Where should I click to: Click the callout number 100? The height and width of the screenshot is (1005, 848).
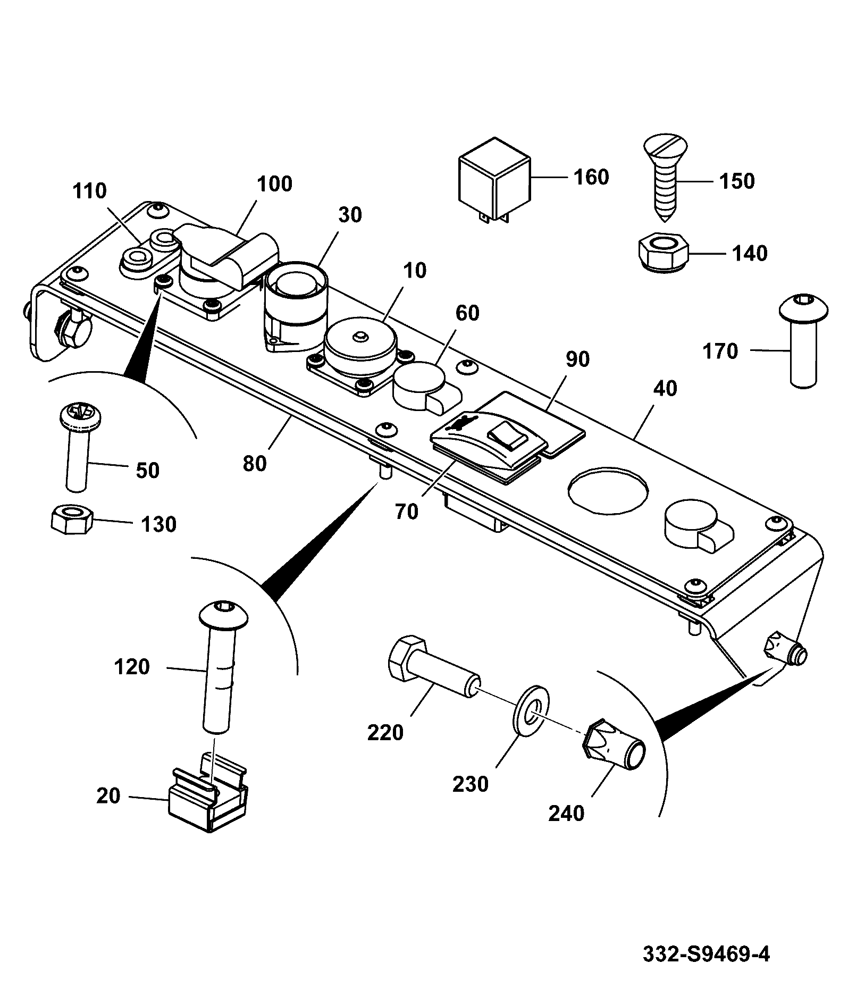pyautogui.click(x=274, y=184)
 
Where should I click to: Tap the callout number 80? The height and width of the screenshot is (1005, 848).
pyautogui.click(x=254, y=463)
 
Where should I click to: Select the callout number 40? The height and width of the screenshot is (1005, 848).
pyautogui.click(x=665, y=388)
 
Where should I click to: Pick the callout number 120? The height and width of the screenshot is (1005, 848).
pyautogui.click(x=132, y=667)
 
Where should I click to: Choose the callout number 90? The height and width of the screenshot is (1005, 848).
pyautogui.click(x=577, y=359)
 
